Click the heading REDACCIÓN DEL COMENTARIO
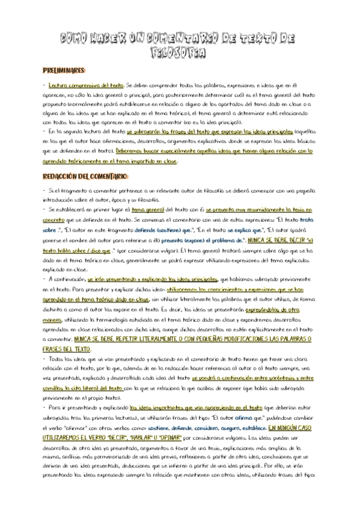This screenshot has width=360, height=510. click(85, 176)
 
